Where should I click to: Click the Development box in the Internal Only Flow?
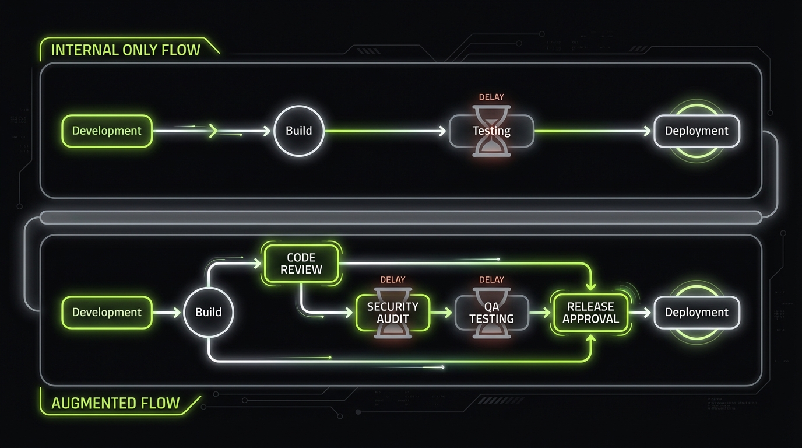pyautogui.click(x=107, y=131)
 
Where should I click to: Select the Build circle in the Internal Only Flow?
pyautogui.click(x=298, y=131)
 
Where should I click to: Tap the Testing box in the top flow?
pyautogui.click(x=491, y=131)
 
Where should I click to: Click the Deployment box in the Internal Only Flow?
pyautogui.click(x=697, y=131)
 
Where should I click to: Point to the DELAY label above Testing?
pyautogui.click(x=491, y=97)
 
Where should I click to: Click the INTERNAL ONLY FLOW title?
pyautogui.click(x=125, y=50)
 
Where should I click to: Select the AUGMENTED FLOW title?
pyautogui.click(x=115, y=403)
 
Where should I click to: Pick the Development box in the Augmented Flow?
pyautogui.click(x=107, y=312)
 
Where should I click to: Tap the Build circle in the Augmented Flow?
pyautogui.click(x=208, y=312)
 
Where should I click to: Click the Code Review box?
pyautogui.click(x=301, y=264)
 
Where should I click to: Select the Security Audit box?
pyautogui.click(x=393, y=313)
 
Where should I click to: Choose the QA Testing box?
pyautogui.click(x=491, y=313)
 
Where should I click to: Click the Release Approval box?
pyautogui.click(x=590, y=313)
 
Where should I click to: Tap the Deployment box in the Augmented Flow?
pyautogui.click(x=697, y=312)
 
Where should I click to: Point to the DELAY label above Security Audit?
pyautogui.click(x=393, y=280)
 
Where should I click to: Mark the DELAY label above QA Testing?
pyautogui.click(x=491, y=280)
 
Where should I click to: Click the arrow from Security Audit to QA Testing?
pyautogui.click(x=442, y=313)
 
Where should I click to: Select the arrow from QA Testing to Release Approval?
pyautogui.click(x=540, y=313)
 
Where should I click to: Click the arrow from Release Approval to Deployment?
pyautogui.click(x=641, y=313)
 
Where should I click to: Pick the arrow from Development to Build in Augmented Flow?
pyautogui.click(x=167, y=313)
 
